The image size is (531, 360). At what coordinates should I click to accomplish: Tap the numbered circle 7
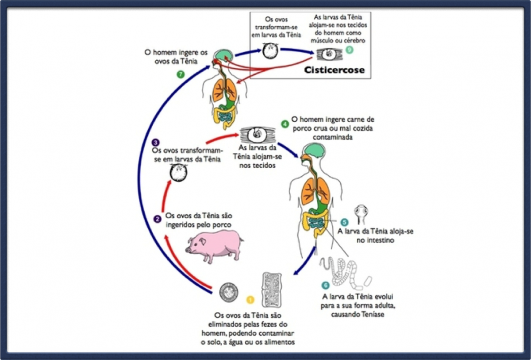(181, 74)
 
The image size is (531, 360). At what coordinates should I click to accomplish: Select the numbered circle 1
(250, 300)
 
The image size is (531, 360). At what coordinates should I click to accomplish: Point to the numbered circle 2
(157, 219)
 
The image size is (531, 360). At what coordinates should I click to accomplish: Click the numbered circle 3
(155, 142)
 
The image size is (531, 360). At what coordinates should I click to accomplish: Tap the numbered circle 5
(345, 222)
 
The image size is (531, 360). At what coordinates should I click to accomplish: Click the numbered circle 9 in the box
(351, 49)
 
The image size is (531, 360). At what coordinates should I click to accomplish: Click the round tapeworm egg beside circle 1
(229, 292)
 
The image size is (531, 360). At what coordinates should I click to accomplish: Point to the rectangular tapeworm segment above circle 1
(272, 290)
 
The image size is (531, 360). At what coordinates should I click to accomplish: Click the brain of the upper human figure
(224, 55)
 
